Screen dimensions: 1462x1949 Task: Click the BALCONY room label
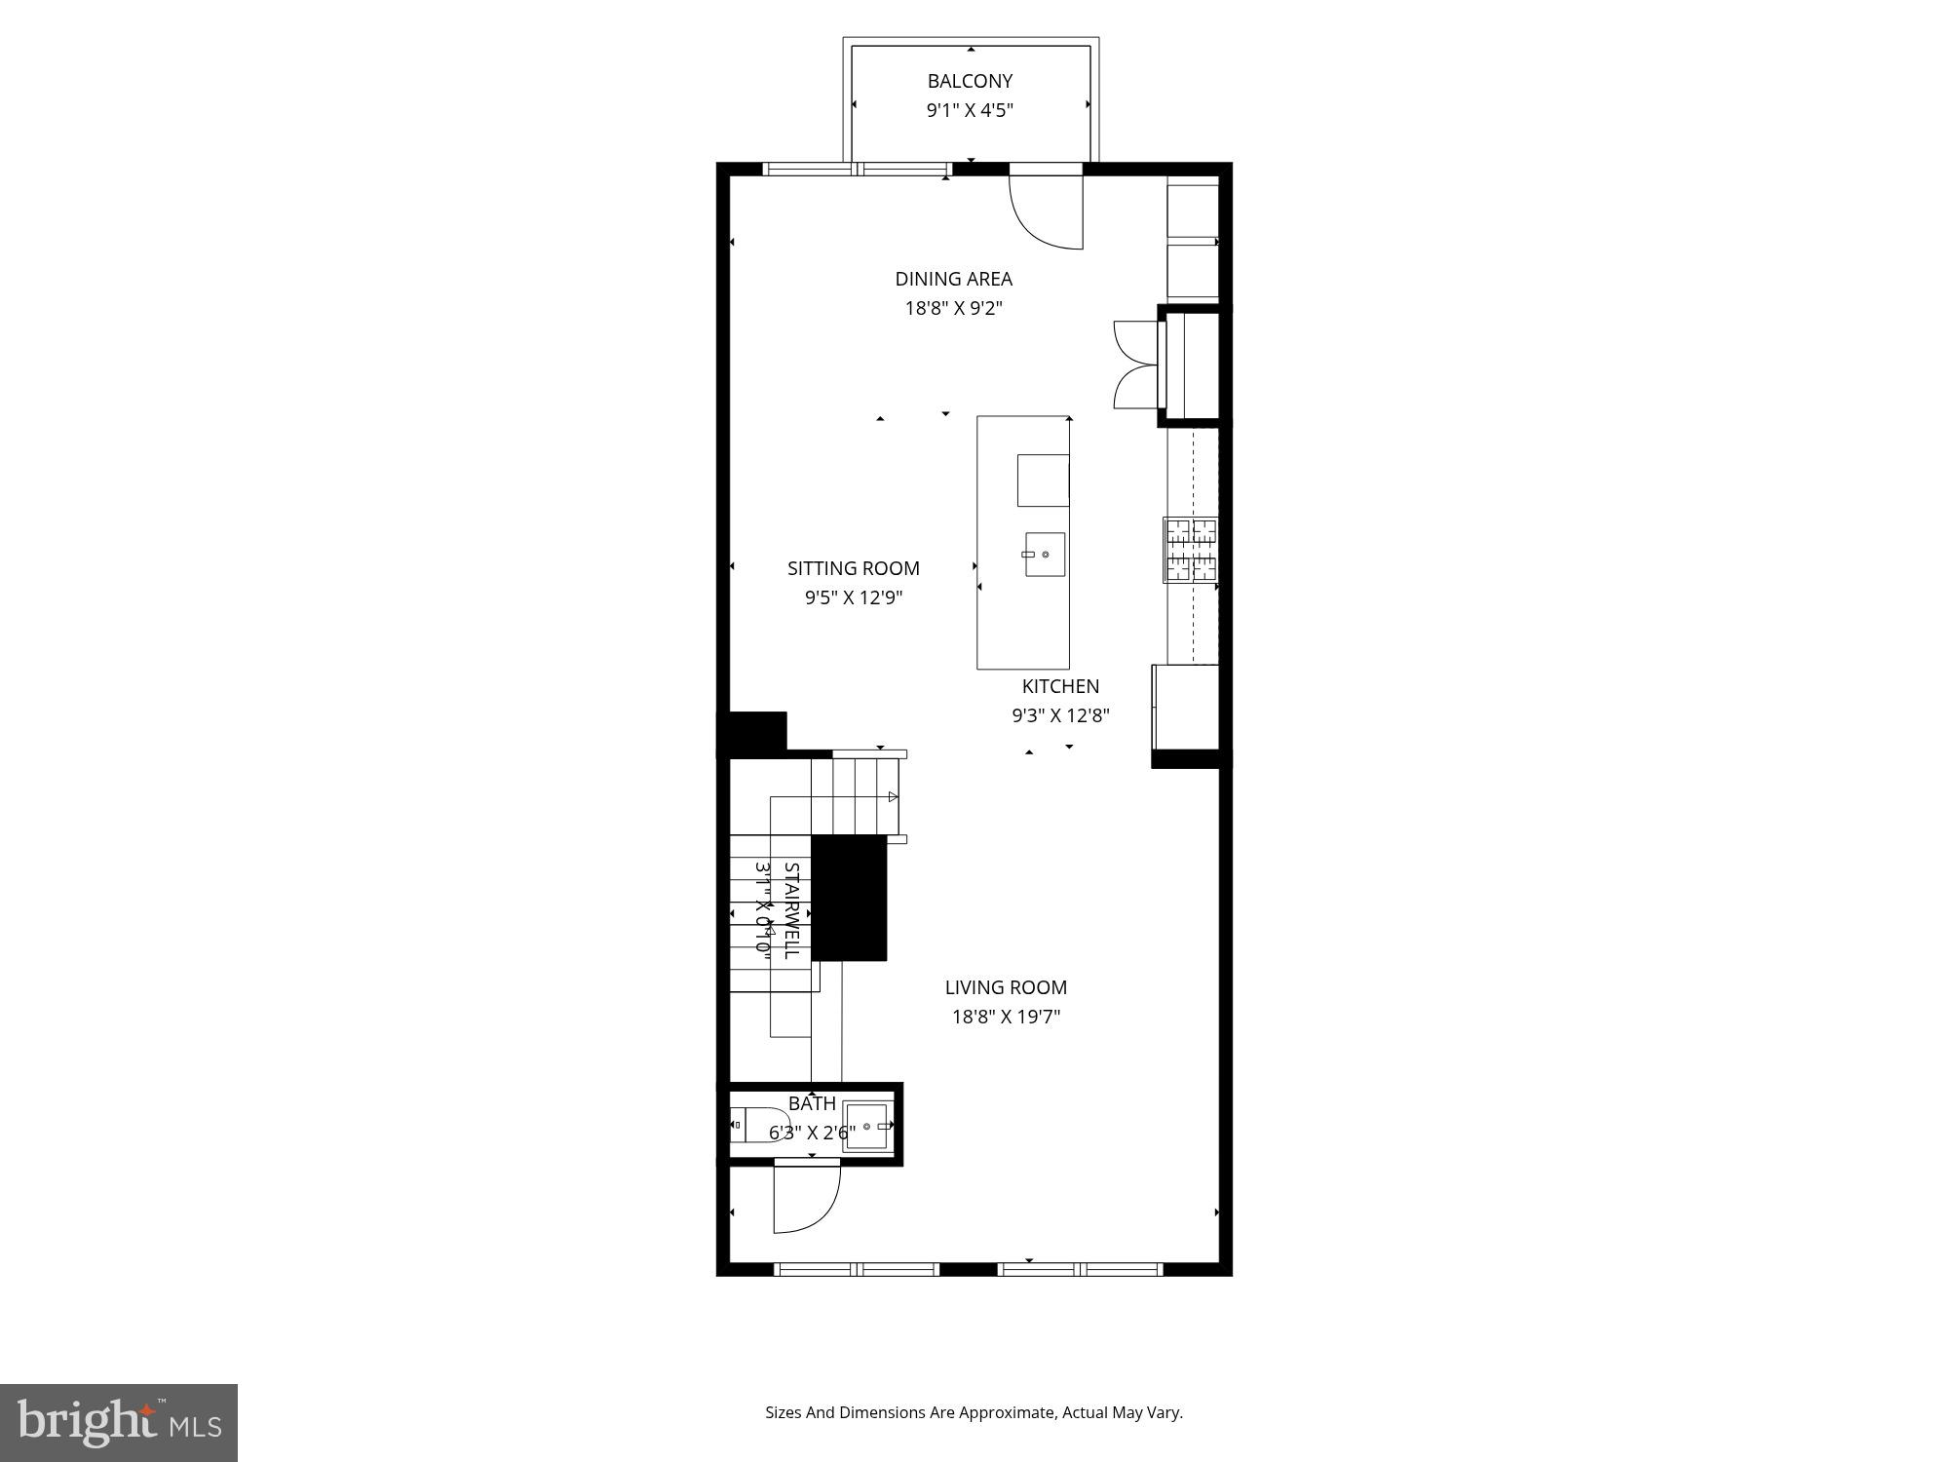[970, 81]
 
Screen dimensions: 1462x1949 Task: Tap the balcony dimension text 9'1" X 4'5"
[970, 110]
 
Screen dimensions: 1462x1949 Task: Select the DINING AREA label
[953, 279]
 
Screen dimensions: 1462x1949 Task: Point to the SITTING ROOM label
[853, 568]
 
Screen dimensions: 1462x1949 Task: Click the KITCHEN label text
[1060, 686]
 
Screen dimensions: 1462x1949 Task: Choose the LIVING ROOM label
[1006, 987]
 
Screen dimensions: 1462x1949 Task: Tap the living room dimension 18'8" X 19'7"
[1006, 1017]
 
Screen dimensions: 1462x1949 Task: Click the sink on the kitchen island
[1045, 555]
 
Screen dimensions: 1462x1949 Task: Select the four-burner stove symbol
[1191, 550]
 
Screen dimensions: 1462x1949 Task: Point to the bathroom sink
[866, 1126]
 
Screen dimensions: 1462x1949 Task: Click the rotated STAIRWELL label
[791, 910]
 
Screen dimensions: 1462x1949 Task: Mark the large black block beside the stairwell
[849, 898]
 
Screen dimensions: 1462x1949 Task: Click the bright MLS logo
[119, 1422]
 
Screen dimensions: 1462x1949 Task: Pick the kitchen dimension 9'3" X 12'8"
[1060, 715]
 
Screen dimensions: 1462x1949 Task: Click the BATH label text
[812, 1103]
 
